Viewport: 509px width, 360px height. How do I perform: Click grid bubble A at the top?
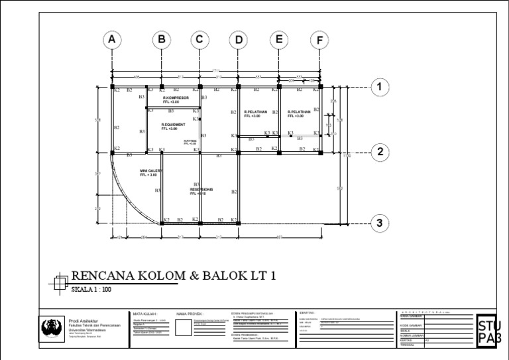tap(113, 40)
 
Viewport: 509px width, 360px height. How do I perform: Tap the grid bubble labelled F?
tap(320, 40)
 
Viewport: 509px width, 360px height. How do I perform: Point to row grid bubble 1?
tap(380, 87)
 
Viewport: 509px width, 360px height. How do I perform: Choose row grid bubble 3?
tap(380, 223)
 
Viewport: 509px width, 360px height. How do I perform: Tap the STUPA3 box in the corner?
tap(489, 330)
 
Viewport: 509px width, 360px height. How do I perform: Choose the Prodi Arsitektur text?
tap(82, 320)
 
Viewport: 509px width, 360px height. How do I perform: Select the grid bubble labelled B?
tap(161, 40)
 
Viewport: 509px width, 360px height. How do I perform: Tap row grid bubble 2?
tap(380, 152)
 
